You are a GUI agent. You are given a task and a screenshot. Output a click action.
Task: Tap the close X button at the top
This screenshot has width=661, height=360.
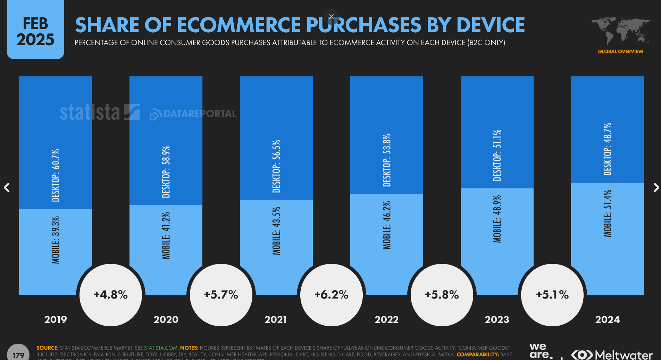332,16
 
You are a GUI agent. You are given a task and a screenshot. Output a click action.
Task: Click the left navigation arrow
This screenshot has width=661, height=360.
7,187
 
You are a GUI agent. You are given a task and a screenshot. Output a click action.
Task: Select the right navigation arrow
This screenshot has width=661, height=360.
656,187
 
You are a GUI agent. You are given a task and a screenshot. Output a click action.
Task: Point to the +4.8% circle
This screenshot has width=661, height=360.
111,295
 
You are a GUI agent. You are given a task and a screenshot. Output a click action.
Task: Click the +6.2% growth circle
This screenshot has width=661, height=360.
332,295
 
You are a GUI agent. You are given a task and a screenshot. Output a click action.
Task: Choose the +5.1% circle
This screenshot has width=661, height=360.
552,295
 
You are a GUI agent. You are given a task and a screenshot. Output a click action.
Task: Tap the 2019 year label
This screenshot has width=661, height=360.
56,319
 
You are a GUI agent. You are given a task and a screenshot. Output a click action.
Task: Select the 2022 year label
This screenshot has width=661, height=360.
386,319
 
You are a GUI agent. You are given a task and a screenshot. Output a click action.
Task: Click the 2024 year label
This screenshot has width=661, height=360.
607,319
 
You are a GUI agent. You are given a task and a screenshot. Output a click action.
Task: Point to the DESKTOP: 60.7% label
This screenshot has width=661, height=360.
56,175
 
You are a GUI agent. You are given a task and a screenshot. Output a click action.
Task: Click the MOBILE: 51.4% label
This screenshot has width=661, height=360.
608,214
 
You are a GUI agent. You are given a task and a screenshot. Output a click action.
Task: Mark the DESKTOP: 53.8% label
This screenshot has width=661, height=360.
387,160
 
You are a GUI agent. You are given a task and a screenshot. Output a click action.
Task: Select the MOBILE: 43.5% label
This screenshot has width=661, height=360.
276,231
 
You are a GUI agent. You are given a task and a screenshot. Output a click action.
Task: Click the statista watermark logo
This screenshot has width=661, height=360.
100,112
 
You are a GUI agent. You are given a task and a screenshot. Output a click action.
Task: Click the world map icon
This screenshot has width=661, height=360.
620,31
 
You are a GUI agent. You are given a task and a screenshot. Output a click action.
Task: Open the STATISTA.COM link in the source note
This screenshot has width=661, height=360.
161,348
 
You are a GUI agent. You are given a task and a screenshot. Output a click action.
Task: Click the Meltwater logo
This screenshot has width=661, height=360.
612,355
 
